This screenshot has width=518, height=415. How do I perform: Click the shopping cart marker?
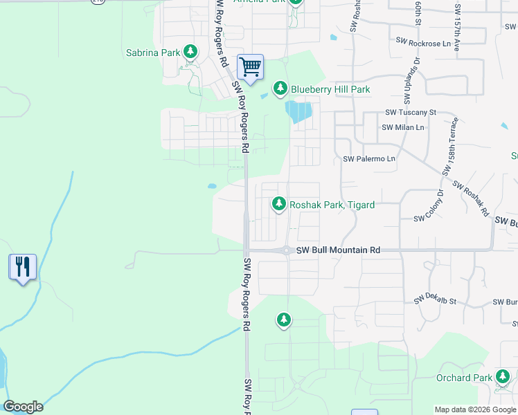click(250, 67)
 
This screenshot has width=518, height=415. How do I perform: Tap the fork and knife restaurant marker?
click(22, 266)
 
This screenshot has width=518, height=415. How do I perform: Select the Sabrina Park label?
click(153, 52)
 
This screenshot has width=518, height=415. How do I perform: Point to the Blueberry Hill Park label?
click(330, 89)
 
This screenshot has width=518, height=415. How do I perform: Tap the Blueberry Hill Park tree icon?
click(280, 89)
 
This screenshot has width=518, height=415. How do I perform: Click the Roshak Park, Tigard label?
click(332, 205)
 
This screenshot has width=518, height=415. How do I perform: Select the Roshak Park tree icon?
click(279, 204)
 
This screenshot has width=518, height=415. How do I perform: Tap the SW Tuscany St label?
click(411, 112)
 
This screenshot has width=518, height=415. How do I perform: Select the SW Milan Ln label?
click(403, 127)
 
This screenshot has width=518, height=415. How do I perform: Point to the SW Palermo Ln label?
click(369, 159)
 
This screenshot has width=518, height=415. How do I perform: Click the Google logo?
click(23, 407)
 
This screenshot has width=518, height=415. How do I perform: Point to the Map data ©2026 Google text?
click(476, 409)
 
